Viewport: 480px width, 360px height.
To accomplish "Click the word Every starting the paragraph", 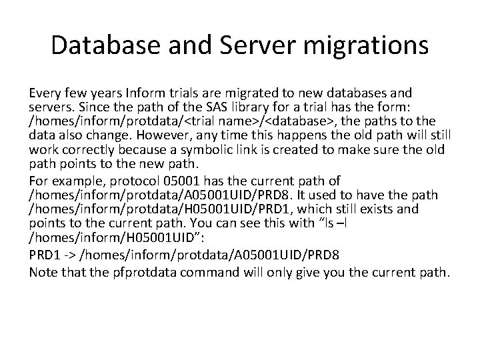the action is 45,93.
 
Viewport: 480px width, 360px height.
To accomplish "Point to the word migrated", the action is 216,93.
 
